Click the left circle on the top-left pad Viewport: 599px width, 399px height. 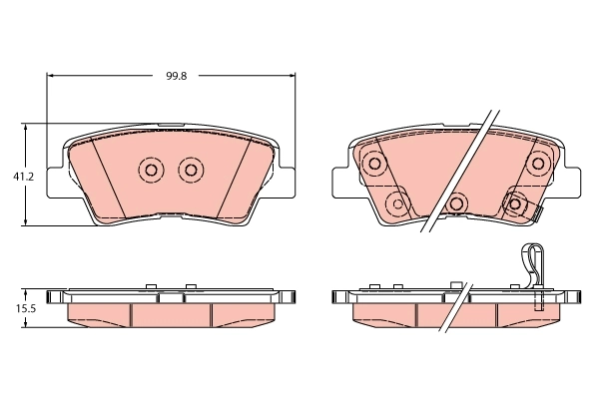click(152, 170)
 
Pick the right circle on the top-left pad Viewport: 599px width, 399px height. click(190, 170)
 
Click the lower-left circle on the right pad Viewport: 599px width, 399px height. click(397, 204)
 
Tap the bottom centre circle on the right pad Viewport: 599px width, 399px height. click(457, 203)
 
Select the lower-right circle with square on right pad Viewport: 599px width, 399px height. click(516, 203)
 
